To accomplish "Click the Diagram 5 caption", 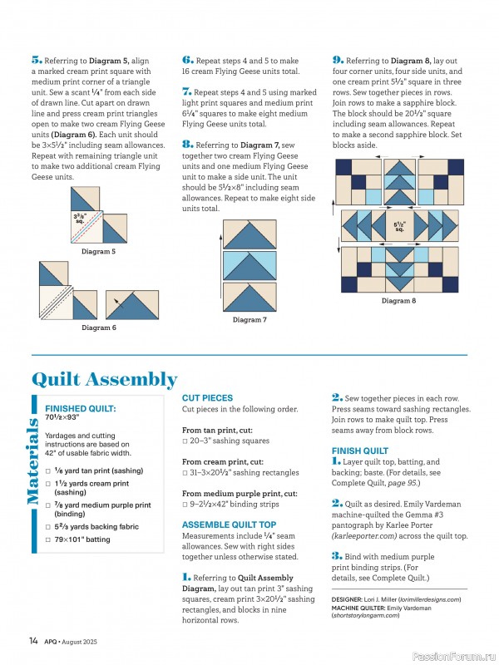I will [98, 251].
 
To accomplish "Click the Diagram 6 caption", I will [98, 328].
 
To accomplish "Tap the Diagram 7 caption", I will [249, 320].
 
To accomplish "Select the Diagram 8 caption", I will [398, 301].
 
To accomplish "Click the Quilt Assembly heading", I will [116, 380].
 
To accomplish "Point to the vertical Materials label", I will [34, 462].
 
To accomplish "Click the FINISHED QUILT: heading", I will [80, 409].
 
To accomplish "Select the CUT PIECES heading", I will [207, 398].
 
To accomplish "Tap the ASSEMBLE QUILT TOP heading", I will [229, 525].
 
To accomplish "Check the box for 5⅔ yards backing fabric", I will [49, 527].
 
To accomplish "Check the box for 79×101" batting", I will [49, 539].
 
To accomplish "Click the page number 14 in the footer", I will [33, 640].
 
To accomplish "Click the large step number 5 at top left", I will [36, 61].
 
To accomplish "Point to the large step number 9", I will [337, 61].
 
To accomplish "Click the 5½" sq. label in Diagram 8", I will [399, 226].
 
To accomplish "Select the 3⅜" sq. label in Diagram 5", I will [82, 219].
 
